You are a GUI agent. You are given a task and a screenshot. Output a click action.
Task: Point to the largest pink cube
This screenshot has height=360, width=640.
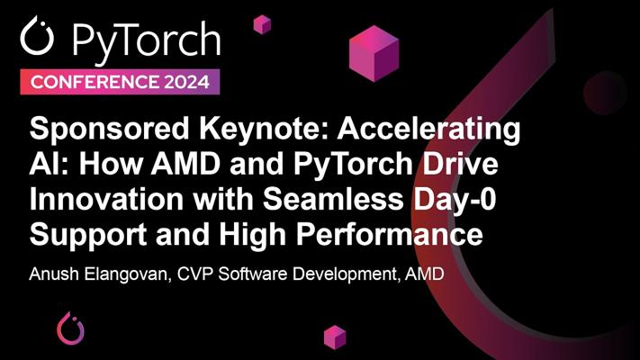[x=374, y=53]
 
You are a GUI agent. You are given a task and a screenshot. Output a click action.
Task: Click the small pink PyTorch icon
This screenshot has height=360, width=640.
[x=70, y=328]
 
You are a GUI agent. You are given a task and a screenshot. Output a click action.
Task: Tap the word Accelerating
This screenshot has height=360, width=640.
[x=428, y=130]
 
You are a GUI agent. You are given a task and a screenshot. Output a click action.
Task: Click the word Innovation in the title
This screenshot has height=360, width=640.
[x=106, y=199]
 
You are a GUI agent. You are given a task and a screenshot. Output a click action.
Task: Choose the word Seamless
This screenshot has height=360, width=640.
[x=333, y=199]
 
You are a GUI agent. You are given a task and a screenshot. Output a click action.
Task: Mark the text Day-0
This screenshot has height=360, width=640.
[x=455, y=200]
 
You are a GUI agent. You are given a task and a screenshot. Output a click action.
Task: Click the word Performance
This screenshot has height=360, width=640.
[x=390, y=234]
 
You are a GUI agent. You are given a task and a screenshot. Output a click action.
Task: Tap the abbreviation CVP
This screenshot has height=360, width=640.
[x=195, y=274]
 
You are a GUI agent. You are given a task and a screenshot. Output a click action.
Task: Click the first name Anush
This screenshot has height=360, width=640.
[x=54, y=274]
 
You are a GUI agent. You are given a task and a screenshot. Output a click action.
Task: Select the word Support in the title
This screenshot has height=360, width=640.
[x=88, y=236]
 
